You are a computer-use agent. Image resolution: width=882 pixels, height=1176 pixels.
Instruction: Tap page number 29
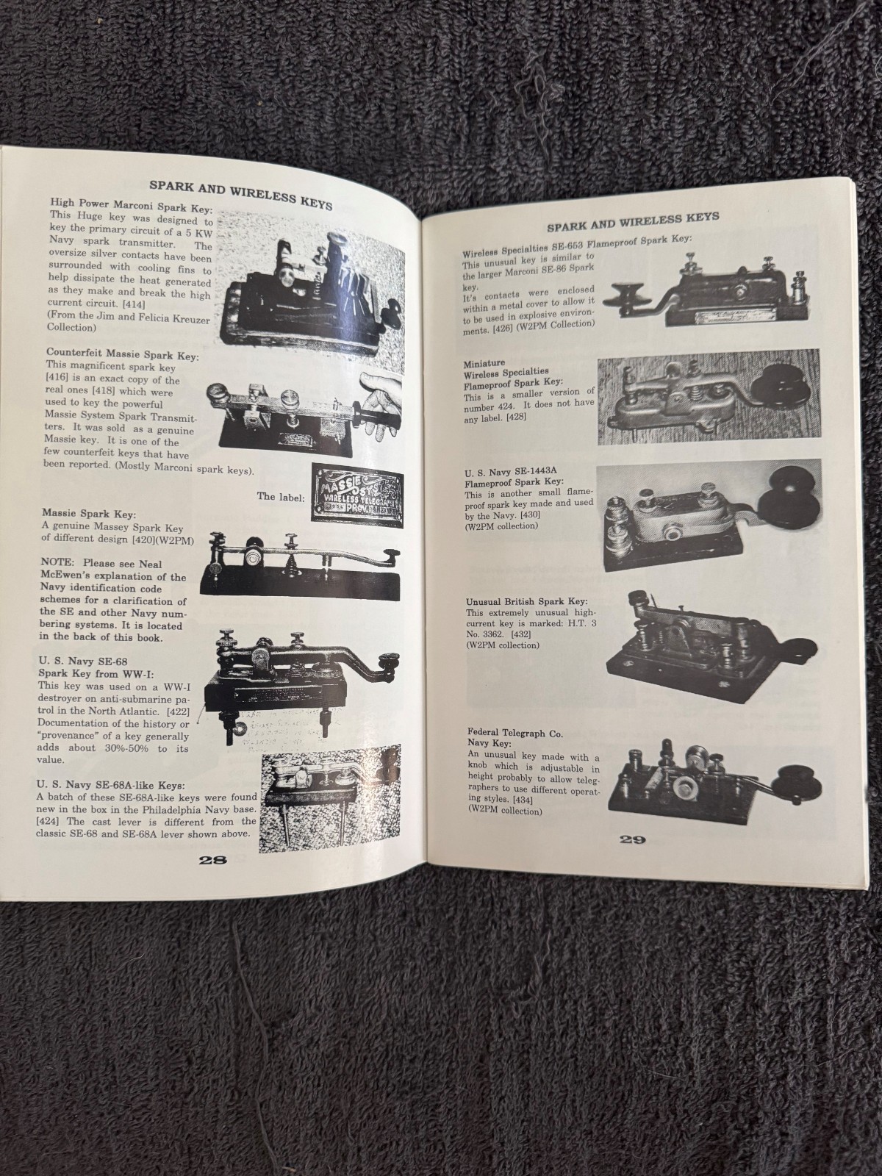[x=631, y=841]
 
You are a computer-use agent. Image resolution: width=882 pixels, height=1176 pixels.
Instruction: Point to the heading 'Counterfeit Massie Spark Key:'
[x=122, y=356]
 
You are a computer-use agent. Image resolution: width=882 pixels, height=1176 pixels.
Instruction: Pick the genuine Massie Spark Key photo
[x=301, y=562]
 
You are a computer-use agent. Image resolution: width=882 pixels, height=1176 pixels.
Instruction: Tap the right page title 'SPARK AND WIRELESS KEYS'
[x=632, y=218]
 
